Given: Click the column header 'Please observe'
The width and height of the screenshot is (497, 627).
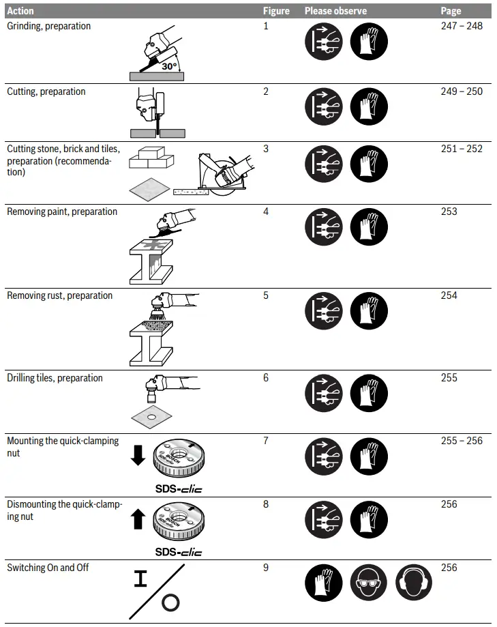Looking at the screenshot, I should point(335,11).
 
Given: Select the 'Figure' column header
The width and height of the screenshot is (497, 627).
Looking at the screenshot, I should point(276,11).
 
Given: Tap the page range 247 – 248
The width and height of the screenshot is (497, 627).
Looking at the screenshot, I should point(462,26).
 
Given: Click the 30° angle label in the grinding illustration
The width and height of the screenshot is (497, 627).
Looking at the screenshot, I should point(169,66).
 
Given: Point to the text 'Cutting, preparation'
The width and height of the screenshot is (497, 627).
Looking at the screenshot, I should point(46,91).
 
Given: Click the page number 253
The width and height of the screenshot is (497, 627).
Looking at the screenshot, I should point(449,212).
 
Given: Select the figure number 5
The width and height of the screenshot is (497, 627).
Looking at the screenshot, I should point(266,295).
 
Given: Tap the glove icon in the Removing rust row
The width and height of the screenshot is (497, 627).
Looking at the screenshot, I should point(369,312).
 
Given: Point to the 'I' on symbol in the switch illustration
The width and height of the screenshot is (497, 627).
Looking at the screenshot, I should point(140,579).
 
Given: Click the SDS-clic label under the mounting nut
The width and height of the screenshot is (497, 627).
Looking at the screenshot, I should point(179,489).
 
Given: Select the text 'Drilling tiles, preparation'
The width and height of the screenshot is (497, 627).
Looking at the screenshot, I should point(55,378).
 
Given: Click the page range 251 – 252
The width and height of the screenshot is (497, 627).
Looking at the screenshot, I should point(462,149).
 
